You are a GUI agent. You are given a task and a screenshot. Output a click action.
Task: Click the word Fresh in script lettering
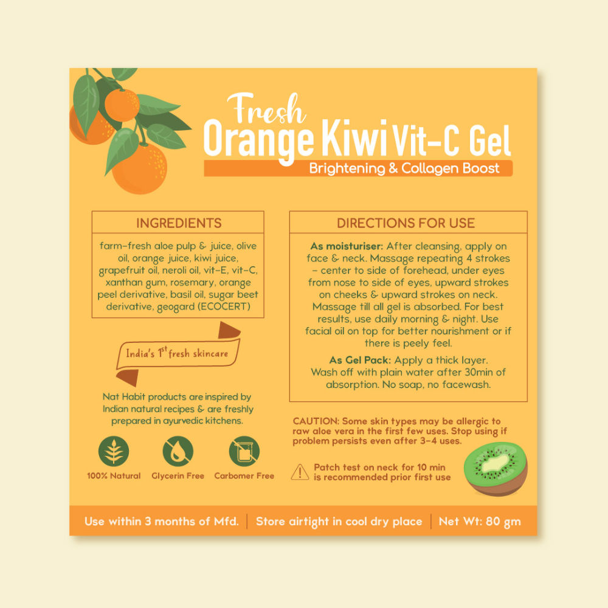tap(267, 109)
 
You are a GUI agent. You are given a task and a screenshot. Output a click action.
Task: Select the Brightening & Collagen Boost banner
tap(358, 168)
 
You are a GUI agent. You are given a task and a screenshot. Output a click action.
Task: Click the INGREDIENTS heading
tap(179, 223)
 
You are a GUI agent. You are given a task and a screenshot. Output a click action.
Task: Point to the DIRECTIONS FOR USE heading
tap(406, 223)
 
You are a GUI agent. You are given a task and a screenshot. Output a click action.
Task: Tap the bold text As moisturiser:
tap(347, 246)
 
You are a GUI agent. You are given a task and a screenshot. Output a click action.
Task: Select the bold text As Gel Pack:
tap(360, 360)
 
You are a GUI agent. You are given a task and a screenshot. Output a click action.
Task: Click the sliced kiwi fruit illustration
tap(496, 469)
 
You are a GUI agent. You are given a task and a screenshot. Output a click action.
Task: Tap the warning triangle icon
tap(300, 472)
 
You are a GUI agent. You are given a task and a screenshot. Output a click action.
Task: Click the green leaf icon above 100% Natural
tap(114, 451)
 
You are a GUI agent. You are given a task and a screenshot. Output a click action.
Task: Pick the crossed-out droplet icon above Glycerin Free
tap(178, 451)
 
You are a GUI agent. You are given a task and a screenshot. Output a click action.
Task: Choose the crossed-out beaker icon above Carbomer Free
tap(244, 451)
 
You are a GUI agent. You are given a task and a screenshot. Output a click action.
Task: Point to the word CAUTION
tap(316, 421)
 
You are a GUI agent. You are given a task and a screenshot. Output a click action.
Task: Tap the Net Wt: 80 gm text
tap(480, 522)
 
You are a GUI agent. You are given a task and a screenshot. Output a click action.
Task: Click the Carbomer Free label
tap(244, 476)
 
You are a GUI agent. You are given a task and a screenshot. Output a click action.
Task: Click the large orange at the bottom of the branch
tap(140, 168)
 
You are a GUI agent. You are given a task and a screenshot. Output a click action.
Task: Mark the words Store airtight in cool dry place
tap(339, 522)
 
